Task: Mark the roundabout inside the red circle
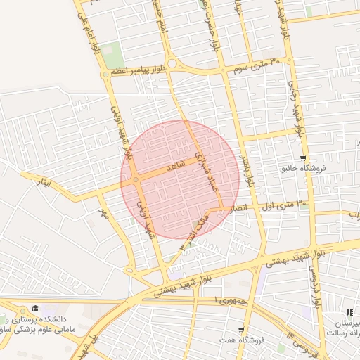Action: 135,181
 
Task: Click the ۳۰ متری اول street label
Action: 285,205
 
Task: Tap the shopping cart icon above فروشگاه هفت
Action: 241,330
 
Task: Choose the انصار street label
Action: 239,209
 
